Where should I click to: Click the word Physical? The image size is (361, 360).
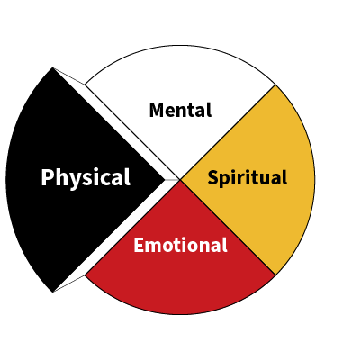pyautogui.click(x=86, y=178)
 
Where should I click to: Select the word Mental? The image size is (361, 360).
pyautogui.click(x=180, y=110)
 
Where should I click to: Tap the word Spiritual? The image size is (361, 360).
pyautogui.click(x=248, y=178)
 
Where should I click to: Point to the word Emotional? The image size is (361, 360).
pyautogui.click(x=180, y=245)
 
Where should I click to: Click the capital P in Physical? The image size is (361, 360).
pyautogui.click(x=48, y=177)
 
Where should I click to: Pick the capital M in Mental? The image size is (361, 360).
pyautogui.click(x=157, y=110)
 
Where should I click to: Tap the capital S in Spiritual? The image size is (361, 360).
pyautogui.click(x=214, y=177)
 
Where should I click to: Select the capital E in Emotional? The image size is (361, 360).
pyautogui.click(x=139, y=245)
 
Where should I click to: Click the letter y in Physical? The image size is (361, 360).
pyautogui.click(x=74, y=181)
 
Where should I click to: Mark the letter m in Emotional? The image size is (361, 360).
pyautogui.click(x=155, y=247)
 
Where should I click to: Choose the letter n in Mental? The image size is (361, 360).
pyautogui.click(x=188, y=112)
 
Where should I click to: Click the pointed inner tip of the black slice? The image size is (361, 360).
pyautogui.click(x=165, y=180)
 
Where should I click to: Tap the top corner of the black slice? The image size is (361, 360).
pyautogui.click(x=52, y=67)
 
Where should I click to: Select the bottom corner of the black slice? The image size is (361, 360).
pyautogui.click(x=52, y=292)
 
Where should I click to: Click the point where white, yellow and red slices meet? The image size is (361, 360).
pyautogui.click(x=180, y=180)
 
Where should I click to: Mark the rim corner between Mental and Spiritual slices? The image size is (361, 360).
pyautogui.click(x=275, y=85)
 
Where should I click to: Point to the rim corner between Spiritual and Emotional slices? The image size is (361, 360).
pyautogui.click(x=275, y=274)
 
